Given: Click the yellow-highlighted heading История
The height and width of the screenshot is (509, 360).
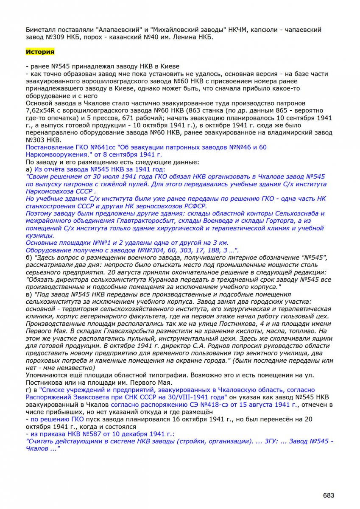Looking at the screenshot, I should click(x=40, y=52).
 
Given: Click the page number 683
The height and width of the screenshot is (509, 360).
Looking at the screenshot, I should click(x=329, y=495).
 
